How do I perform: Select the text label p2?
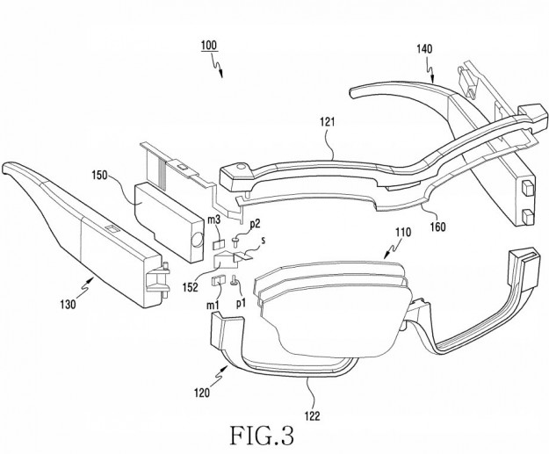pyautogui.click(x=255, y=224)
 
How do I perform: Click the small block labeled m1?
pyautogui.click(x=219, y=281)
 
